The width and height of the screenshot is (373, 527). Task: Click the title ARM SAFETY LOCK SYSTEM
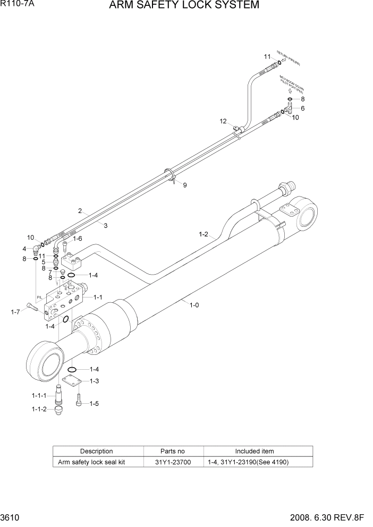pyautogui.click(x=184, y=6)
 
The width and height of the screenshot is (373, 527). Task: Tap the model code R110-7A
pyautogui.click(x=17, y=4)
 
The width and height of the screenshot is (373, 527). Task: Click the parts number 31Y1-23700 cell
pyautogui.click(x=174, y=462)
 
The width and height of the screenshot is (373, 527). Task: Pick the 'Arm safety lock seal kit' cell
pyautogui.click(x=91, y=462)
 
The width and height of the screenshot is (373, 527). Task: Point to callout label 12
pyautogui.click(x=223, y=122)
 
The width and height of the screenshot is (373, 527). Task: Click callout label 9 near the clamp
pyautogui.click(x=185, y=185)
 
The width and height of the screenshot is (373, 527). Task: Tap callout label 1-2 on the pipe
pyautogui.click(x=204, y=234)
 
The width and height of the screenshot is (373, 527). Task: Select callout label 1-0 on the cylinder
pyautogui.click(x=194, y=304)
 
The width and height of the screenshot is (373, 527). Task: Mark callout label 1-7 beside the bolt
pyautogui.click(x=15, y=312)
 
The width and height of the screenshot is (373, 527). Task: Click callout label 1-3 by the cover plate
pyautogui.click(x=94, y=380)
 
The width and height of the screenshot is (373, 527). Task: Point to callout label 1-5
pyautogui.click(x=94, y=404)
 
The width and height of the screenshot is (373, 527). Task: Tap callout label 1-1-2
pyautogui.click(x=39, y=409)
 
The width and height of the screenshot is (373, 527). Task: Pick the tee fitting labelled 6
pyautogui.click(x=288, y=109)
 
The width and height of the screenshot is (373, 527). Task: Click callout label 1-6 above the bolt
pyautogui.click(x=77, y=239)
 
